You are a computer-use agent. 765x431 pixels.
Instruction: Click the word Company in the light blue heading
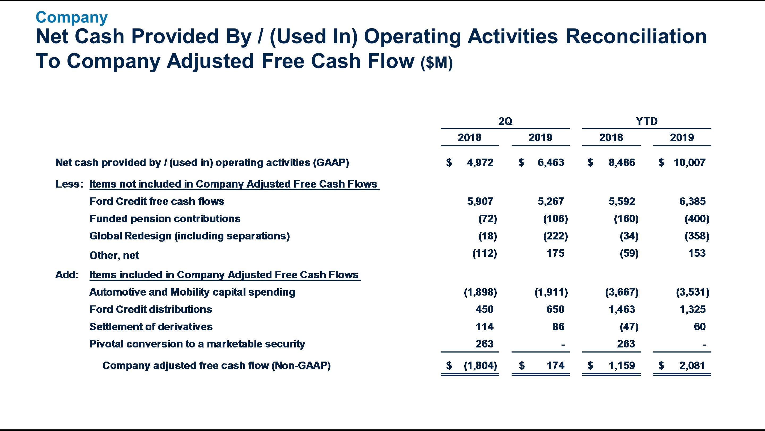point(71,17)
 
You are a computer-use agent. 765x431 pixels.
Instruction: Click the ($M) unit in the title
point(436,63)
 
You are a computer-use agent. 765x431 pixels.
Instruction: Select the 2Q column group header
point(505,121)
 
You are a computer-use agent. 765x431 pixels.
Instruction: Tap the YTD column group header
point(647,121)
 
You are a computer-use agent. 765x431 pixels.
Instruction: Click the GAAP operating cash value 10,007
point(689,162)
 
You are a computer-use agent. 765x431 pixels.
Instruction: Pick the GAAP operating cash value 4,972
point(480,162)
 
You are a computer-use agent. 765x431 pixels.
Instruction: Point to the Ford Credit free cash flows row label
point(157,201)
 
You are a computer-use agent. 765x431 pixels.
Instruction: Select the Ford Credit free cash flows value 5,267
point(551,201)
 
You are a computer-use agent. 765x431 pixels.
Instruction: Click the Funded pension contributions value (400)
point(697,219)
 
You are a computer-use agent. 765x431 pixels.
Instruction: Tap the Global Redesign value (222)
point(555,236)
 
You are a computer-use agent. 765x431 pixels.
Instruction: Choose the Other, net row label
point(114,255)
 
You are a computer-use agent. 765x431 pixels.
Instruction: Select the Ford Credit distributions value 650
point(555,309)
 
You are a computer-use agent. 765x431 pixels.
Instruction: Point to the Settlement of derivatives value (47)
point(629,327)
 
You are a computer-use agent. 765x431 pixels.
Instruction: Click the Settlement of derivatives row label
point(151,327)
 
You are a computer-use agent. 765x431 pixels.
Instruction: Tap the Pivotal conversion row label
point(197,344)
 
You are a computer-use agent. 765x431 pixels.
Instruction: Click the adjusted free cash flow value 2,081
point(692,365)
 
